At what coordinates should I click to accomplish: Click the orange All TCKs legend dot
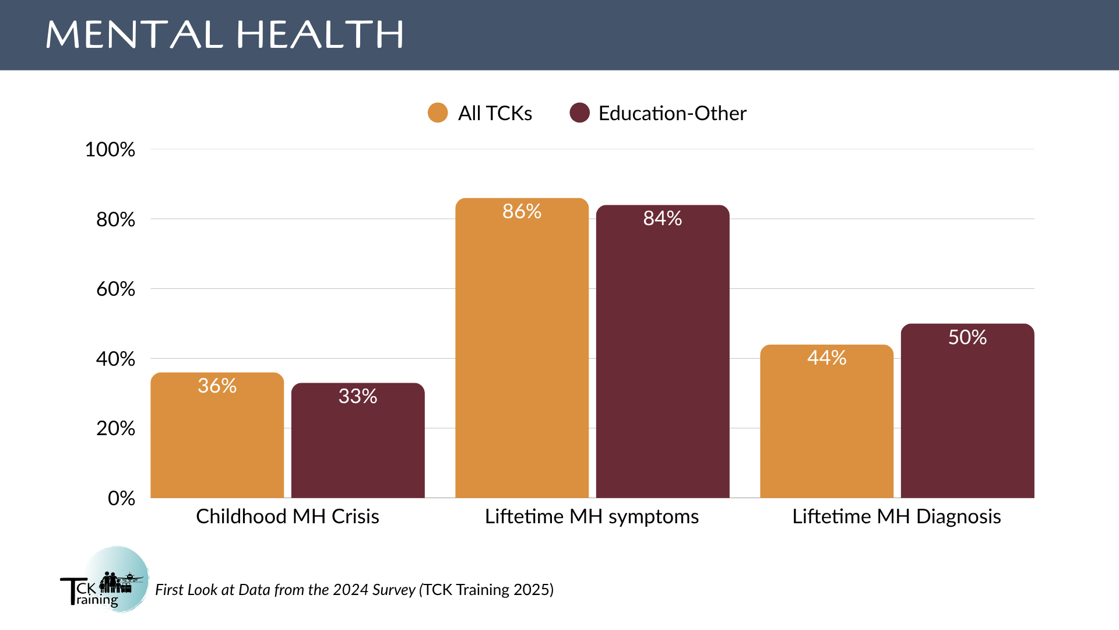click(x=438, y=113)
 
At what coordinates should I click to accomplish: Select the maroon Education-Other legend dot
click(x=579, y=113)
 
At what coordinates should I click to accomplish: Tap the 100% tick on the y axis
click(x=110, y=149)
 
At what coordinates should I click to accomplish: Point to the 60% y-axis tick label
click(x=115, y=289)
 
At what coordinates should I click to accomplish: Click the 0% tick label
click(x=121, y=498)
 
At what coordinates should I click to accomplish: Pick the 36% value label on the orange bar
click(x=217, y=386)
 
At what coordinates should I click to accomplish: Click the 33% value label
click(x=358, y=396)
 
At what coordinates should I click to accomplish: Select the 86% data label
click(x=522, y=211)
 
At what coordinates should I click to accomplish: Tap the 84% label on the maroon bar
click(x=663, y=218)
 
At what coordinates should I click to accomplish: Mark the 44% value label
click(x=826, y=358)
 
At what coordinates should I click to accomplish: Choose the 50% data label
click(x=967, y=337)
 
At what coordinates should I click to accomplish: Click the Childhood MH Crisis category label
click(x=287, y=516)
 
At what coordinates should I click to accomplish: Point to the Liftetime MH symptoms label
click(x=592, y=516)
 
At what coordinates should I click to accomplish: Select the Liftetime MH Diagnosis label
click(x=896, y=516)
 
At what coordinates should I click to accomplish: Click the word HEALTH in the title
click(x=320, y=34)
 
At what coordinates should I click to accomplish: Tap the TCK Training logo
click(x=105, y=580)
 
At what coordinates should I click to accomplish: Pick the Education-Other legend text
click(x=672, y=113)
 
